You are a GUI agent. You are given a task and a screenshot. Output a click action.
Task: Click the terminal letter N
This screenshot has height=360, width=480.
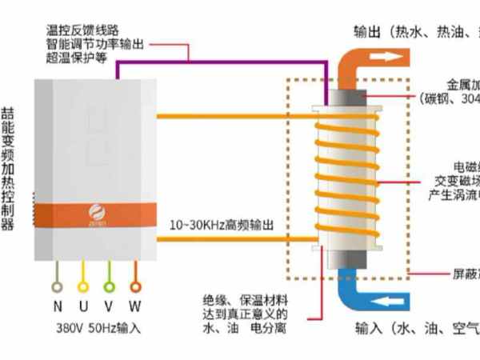pyautogui.click(x=57, y=306)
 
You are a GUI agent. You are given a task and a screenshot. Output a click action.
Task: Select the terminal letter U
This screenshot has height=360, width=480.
pyautogui.click(x=82, y=306)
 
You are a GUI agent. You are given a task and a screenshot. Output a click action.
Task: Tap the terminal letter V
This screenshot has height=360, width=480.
pyautogui.click(x=109, y=306)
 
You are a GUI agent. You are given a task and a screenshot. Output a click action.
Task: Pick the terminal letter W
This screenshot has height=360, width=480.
pyautogui.click(x=136, y=306)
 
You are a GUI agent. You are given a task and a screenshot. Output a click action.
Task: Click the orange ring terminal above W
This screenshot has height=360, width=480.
pyautogui.click(x=136, y=286)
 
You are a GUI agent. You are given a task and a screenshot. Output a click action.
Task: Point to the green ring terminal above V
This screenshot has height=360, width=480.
pyautogui.click(x=110, y=286)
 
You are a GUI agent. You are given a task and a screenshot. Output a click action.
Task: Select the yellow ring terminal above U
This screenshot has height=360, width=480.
pyautogui.click(x=83, y=286)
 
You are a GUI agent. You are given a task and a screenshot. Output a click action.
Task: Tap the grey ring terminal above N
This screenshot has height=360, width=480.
pyautogui.click(x=57, y=286)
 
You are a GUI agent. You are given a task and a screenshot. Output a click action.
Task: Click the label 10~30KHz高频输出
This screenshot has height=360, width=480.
pyautogui.click(x=222, y=226)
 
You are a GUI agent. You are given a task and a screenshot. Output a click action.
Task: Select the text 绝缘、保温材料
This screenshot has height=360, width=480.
pyautogui.click(x=243, y=300)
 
